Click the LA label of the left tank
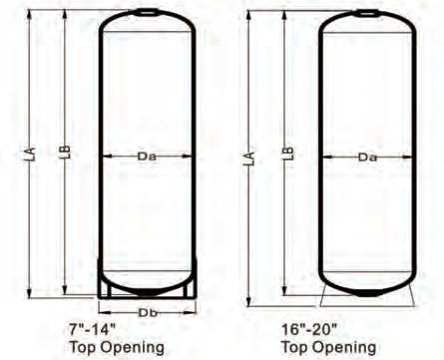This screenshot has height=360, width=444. tap(31, 155)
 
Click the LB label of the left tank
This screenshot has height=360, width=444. tap(66, 152)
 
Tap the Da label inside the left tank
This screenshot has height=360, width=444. tap(147, 157)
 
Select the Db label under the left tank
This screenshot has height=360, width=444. tap(148, 313)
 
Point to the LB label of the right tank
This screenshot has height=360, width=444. tap(289, 154)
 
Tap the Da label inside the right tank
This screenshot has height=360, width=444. tap(367, 157)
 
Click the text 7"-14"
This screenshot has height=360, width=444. tap(93, 330)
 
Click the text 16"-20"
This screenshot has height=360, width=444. tap(309, 330)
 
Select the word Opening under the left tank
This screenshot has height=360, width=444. tap(132, 348)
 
